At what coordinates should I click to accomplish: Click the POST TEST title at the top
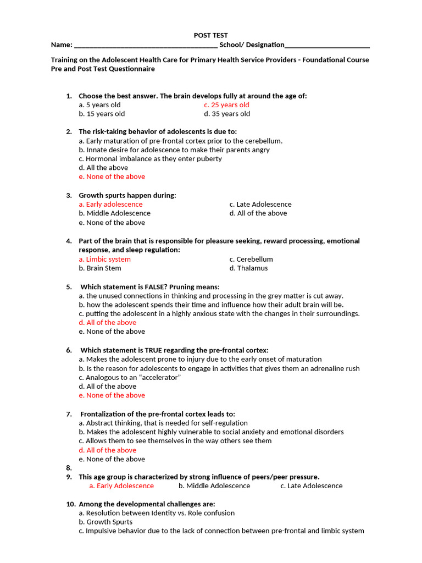coord(210,35)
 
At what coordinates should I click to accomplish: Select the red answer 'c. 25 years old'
coord(226,104)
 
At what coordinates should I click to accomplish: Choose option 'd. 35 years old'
coord(226,114)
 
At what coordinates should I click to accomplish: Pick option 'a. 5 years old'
coord(99,104)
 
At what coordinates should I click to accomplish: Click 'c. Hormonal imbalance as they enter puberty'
coord(150,158)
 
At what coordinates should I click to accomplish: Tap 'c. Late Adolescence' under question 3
coord(260,204)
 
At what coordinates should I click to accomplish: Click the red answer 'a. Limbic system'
coord(104,259)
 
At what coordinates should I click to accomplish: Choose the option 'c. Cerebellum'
coord(251,259)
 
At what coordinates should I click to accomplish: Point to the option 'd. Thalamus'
coord(248,268)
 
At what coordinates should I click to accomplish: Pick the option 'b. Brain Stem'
coord(100,268)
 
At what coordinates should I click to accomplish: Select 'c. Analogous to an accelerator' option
coord(130,377)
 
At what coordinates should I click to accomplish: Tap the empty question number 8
coord(69,468)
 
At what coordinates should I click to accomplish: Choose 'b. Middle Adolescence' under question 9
coord(214,486)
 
